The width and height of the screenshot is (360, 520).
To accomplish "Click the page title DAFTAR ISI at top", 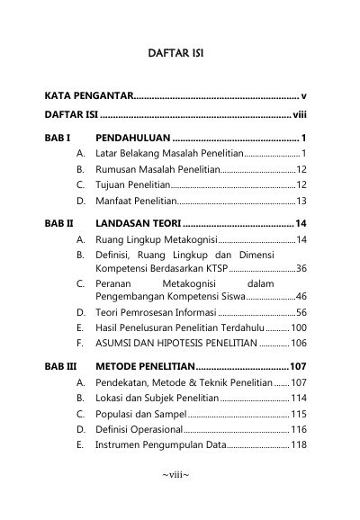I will (175, 55).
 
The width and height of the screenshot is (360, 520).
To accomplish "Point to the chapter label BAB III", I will (60, 367).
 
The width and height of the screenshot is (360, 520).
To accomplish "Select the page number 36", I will (301, 268).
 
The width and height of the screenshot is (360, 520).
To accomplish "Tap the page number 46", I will (301, 296).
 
